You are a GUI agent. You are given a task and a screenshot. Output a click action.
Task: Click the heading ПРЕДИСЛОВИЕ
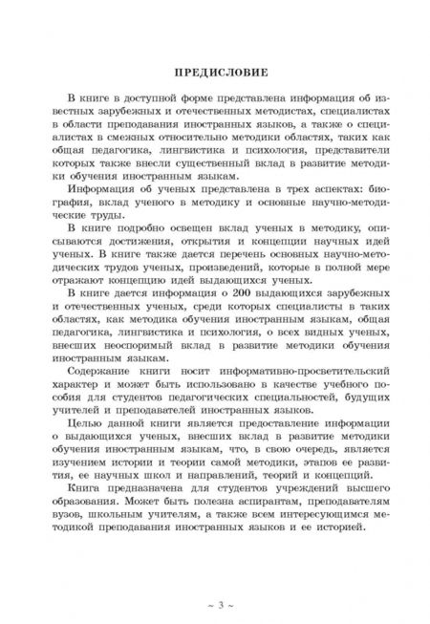pyautogui.click(x=215, y=73)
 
